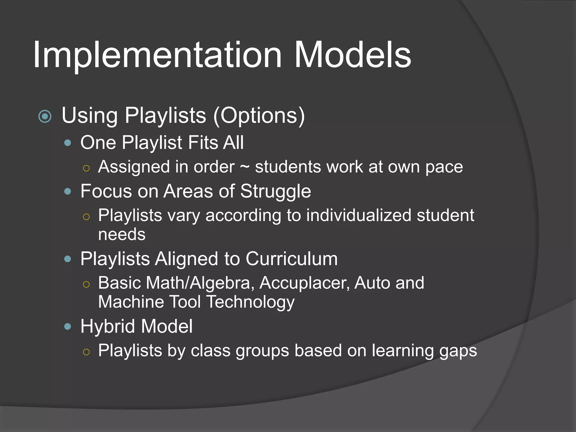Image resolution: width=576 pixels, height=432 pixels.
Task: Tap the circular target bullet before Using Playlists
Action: click(45, 116)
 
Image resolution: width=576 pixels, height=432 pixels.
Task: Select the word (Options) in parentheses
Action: click(259, 115)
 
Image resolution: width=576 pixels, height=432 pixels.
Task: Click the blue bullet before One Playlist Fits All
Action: click(67, 143)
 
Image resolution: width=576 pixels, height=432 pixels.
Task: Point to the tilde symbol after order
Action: click(245, 167)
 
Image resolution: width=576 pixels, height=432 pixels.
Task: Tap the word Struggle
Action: click(276, 192)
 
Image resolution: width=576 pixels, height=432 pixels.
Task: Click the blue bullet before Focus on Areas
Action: click(67, 192)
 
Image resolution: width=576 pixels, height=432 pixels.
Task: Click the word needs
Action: click(122, 235)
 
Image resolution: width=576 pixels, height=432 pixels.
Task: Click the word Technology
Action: click(251, 302)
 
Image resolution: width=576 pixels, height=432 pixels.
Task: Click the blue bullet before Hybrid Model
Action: click(67, 327)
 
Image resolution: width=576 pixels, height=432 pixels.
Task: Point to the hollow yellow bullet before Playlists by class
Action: click(86, 352)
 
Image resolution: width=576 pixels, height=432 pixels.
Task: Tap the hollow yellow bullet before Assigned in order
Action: click(86, 168)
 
